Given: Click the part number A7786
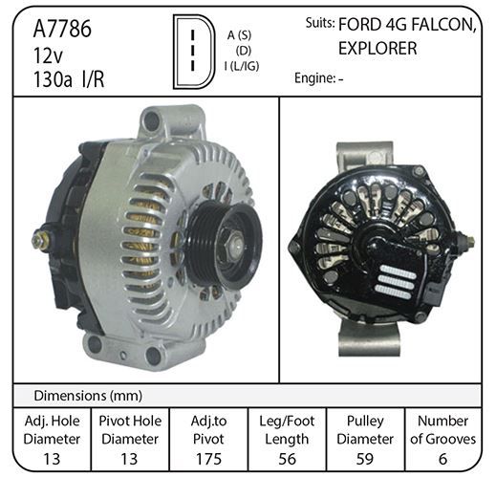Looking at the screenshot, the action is (x=62, y=29).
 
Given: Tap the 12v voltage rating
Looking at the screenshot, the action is (x=48, y=55).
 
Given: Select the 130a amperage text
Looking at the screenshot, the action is (x=53, y=79).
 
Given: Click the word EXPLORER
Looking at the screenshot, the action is (x=377, y=49).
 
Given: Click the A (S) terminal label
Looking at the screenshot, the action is (x=239, y=35).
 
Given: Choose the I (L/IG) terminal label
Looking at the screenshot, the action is (x=242, y=66).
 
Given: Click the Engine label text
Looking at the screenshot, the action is (x=313, y=78).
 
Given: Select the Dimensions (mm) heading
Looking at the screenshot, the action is (x=88, y=396).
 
